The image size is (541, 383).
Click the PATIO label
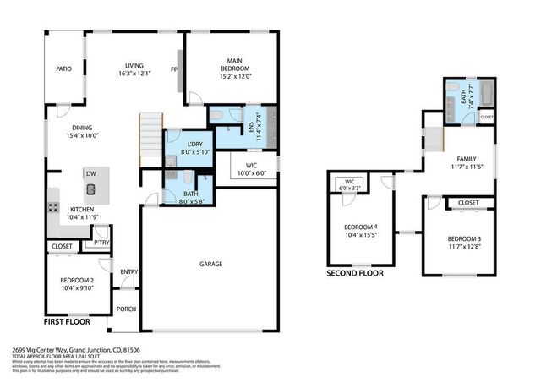(x=63, y=69)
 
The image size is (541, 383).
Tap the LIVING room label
(x=134, y=65)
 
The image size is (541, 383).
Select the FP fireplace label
(x=174, y=69)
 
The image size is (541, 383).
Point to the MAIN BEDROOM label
(x=234, y=62)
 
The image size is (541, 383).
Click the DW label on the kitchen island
(x=90, y=173)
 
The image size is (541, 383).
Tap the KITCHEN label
(x=81, y=210)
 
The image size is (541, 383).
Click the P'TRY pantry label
(x=101, y=243)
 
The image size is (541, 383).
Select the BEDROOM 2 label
(x=76, y=280)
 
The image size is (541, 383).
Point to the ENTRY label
(x=129, y=271)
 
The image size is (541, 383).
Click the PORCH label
(x=126, y=309)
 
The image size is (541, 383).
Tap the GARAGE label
(x=210, y=265)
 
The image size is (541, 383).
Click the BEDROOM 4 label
(x=362, y=227)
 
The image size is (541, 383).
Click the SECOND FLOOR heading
(x=354, y=274)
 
